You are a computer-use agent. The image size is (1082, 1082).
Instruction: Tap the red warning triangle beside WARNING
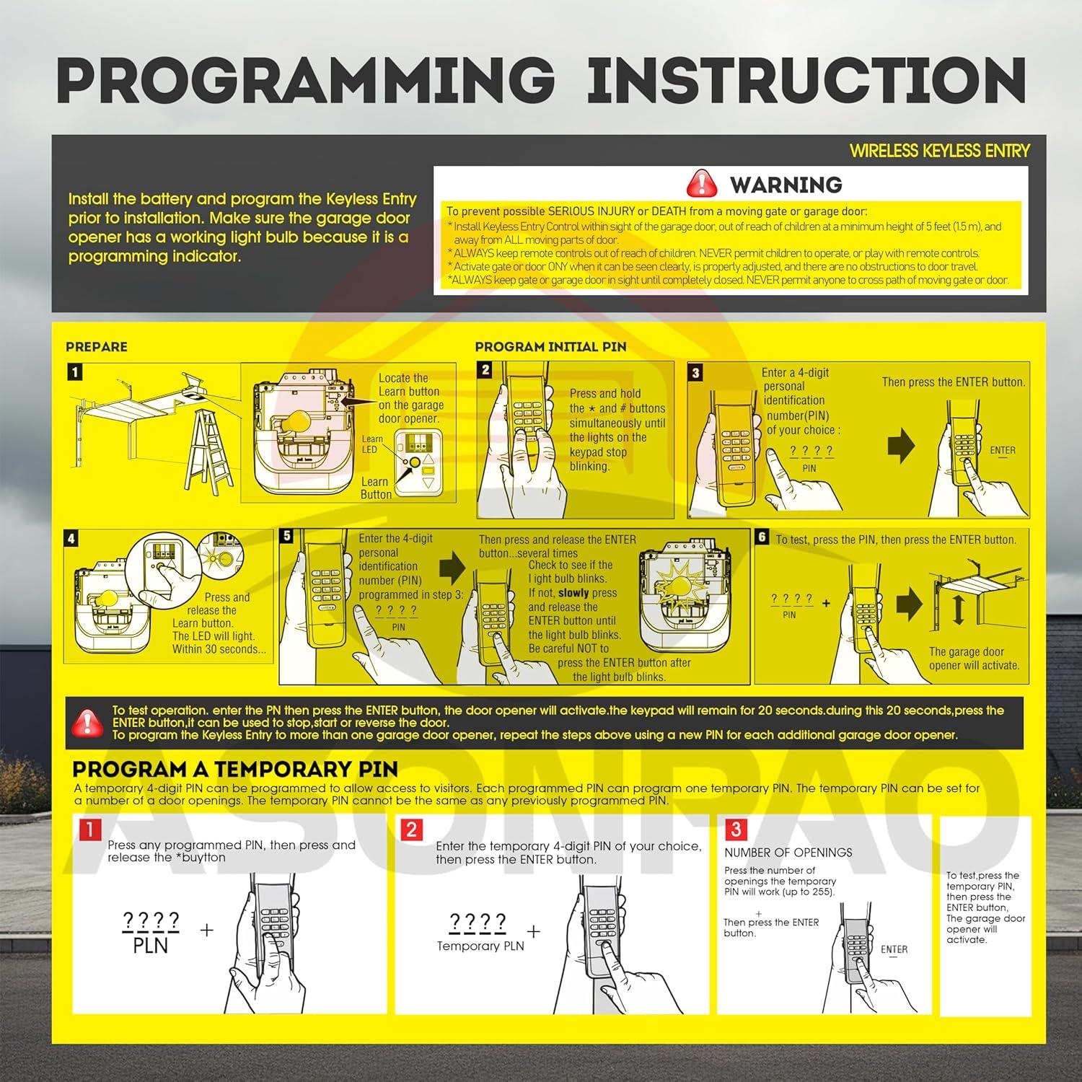(x=701, y=185)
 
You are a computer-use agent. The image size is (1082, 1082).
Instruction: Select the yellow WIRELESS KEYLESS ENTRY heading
(x=939, y=151)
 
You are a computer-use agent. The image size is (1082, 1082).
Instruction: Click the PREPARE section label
(x=96, y=347)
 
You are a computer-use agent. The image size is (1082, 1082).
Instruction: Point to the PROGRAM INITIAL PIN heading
(x=550, y=347)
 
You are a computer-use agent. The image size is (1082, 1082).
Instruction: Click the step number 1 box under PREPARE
(x=74, y=372)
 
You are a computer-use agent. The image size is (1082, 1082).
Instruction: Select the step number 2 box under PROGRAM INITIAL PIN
(x=485, y=370)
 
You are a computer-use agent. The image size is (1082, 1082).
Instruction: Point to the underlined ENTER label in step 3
(x=1003, y=451)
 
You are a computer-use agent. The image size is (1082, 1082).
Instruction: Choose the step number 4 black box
(x=71, y=539)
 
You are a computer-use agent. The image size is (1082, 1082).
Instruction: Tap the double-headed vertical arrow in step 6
(x=959, y=610)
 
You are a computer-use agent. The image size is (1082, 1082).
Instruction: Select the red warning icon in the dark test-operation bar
(x=87, y=722)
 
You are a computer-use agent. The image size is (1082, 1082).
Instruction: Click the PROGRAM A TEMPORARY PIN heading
(x=235, y=769)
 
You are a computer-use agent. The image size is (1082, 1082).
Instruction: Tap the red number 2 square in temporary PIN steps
(x=411, y=830)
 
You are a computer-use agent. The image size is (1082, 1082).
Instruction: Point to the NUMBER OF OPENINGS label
(x=788, y=853)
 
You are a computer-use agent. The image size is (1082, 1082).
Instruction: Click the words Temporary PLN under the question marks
(x=480, y=946)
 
